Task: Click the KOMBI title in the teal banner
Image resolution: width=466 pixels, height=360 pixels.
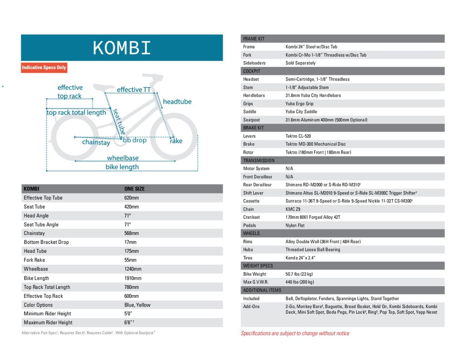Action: (x=122, y=49)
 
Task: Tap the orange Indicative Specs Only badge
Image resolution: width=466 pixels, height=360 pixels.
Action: (x=44, y=68)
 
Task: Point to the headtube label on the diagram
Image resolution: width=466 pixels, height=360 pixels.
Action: (x=177, y=102)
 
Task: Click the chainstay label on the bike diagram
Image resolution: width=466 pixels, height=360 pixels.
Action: (x=96, y=143)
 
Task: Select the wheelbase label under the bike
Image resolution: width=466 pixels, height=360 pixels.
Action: (x=123, y=158)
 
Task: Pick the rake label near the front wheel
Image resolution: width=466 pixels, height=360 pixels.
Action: (x=176, y=141)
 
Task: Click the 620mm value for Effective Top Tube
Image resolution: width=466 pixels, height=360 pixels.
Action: (x=131, y=198)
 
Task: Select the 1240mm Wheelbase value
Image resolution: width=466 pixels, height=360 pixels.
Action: (x=133, y=269)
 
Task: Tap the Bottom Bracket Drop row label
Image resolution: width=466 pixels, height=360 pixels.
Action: (x=46, y=242)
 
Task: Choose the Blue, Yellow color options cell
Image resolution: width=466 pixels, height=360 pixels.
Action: (x=137, y=305)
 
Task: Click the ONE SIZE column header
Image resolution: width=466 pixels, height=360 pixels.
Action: (x=134, y=189)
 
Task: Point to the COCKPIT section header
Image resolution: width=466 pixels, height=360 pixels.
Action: (x=252, y=71)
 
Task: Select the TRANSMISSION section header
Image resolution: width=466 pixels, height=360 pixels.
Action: (x=259, y=160)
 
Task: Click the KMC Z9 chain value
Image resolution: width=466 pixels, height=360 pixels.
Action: (x=293, y=209)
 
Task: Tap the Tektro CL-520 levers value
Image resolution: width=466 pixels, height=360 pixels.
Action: (x=298, y=136)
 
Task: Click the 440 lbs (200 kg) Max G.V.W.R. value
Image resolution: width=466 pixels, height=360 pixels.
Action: (x=300, y=282)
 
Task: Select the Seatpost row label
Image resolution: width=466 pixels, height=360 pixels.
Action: (x=251, y=120)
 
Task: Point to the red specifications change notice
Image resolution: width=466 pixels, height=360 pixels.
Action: (x=295, y=333)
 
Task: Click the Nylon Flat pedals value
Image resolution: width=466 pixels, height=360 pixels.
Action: (x=296, y=225)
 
